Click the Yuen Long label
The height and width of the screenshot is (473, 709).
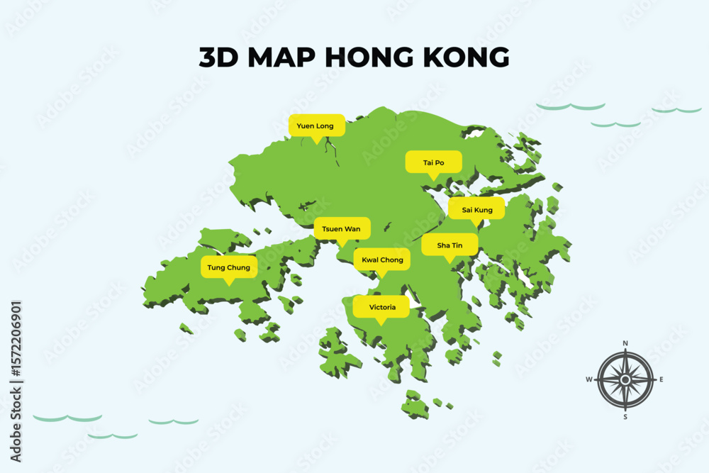click(316, 126)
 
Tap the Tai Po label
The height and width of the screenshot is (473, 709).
click(433, 162)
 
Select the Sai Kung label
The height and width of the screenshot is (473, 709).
click(476, 209)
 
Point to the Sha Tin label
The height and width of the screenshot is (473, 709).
click(450, 245)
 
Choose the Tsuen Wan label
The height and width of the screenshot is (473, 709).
click(341, 228)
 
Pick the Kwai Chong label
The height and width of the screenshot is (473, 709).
click(382, 260)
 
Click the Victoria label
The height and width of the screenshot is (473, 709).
click(381, 307)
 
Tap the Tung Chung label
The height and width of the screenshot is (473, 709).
click(228, 267)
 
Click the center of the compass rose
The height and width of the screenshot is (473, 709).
click(625, 379)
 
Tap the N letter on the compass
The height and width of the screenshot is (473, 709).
click(625, 343)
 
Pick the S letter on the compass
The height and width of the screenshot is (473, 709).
click(625, 416)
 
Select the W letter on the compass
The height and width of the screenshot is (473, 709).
click(588, 379)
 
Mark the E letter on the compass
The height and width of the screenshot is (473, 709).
click(661, 379)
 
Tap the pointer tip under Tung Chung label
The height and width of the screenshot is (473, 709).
click(228, 285)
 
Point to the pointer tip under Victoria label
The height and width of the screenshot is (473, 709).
click(381, 325)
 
